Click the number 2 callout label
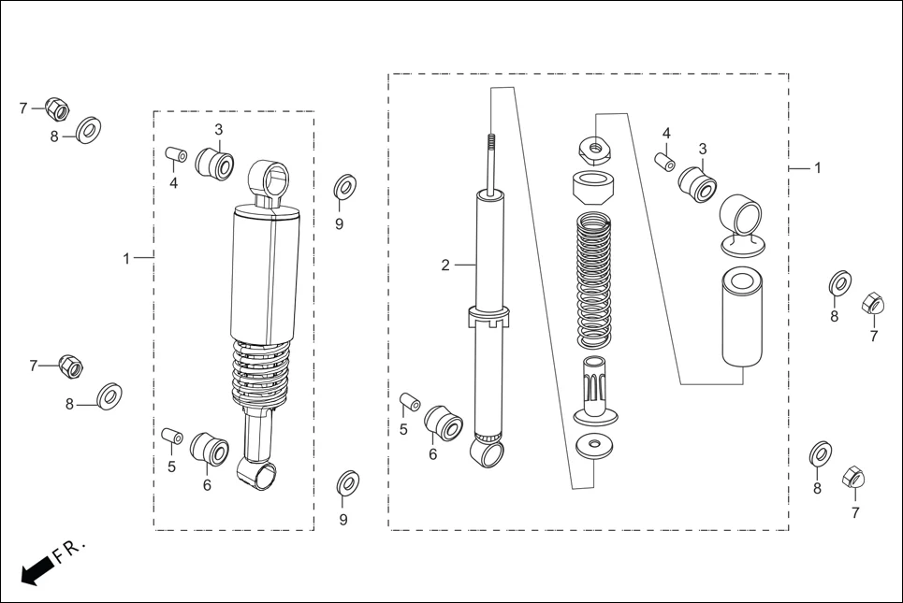pos(445,266)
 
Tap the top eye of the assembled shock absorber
pos(269,179)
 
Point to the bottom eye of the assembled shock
pos(259,471)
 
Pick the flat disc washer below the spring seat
pos(595,446)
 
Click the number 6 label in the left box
pos(206,485)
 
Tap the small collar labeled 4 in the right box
pos(663,162)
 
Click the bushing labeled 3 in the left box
pos(216,164)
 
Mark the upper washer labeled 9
pos(343,187)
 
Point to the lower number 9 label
pos(343,520)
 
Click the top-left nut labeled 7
pos(57,109)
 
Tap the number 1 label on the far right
pos(817,168)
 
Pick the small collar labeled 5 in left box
pos(171,437)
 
